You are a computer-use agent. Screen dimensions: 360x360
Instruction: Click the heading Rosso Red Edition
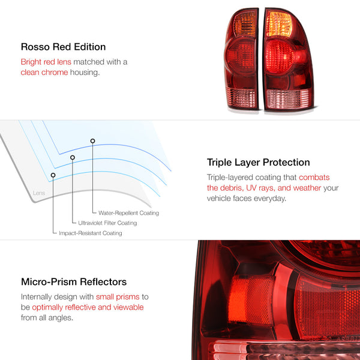[63, 46]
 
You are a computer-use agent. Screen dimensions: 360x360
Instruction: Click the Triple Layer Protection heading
[258, 162]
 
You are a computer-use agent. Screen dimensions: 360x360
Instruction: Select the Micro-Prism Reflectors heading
[73, 281]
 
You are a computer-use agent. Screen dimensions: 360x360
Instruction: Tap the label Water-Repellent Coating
[125, 213]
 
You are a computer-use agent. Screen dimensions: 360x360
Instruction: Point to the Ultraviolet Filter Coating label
[107, 223]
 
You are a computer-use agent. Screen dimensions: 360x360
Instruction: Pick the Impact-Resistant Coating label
[90, 233]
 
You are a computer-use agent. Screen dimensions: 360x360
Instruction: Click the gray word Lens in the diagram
[39, 193]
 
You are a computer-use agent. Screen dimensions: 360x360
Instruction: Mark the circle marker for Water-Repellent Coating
[92, 141]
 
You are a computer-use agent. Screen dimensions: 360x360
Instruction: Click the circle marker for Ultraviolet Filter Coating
[73, 158]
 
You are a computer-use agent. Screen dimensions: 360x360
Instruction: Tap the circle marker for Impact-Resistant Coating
[53, 175]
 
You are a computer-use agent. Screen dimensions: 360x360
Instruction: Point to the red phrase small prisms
[119, 296]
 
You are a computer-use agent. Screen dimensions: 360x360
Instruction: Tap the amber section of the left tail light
[244, 26]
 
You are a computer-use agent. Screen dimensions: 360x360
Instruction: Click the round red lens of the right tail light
[282, 60]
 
